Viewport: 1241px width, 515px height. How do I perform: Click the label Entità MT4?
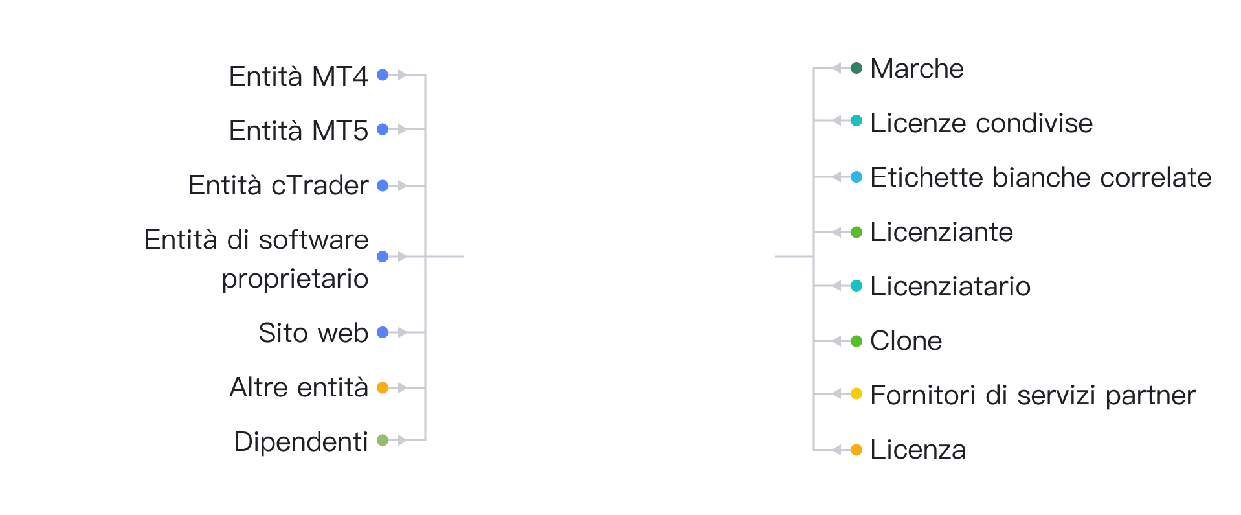pos(298,76)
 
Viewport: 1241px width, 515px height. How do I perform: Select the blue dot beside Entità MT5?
pos(383,130)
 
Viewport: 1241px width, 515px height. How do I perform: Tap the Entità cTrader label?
pos(278,185)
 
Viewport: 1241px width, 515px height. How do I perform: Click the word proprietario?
pos(295,279)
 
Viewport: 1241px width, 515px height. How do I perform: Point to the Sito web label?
pos(313,333)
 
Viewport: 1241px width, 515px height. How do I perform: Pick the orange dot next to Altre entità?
pos(383,387)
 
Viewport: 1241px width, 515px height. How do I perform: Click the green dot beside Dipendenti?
pos(383,441)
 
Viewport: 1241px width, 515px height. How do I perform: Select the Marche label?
pos(917,69)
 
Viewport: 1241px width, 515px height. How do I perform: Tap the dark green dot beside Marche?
pos(856,68)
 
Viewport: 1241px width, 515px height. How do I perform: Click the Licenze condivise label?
pos(981,123)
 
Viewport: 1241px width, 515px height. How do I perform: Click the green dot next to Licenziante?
pos(856,232)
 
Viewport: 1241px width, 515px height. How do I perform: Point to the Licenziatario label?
pos(950,286)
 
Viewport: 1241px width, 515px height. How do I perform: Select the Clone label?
pos(906,341)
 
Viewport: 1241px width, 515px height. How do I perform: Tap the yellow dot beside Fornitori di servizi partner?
pos(856,393)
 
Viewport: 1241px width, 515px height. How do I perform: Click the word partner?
pos(1150,396)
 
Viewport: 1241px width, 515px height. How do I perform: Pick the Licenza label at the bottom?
pos(918,450)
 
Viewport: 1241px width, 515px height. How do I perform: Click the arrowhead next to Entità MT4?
pos(402,75)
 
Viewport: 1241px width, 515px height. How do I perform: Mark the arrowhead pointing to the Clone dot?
pos(837,341)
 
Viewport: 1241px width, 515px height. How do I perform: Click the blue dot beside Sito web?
pos(383,332)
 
